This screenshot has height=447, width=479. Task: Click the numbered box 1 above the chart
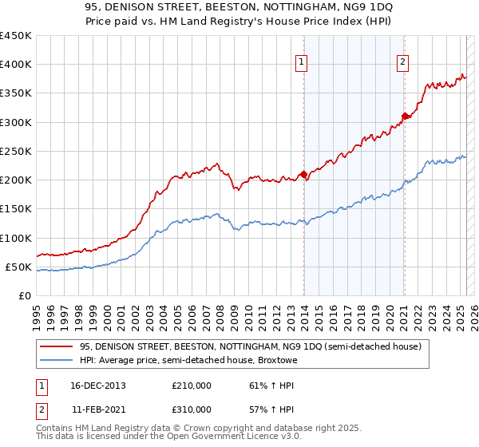click(x=303, y=63)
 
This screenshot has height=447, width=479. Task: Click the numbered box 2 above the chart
click(x=403, y=63)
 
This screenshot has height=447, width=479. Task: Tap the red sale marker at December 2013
click(x=303, y=174)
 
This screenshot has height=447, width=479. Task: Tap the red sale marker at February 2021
click(x=405, y=116)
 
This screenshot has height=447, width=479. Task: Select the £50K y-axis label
click(x=18, y=267)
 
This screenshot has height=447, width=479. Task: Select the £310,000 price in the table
click(x=192, y=409)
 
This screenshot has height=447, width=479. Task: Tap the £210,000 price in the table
click(x=192, y=386)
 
